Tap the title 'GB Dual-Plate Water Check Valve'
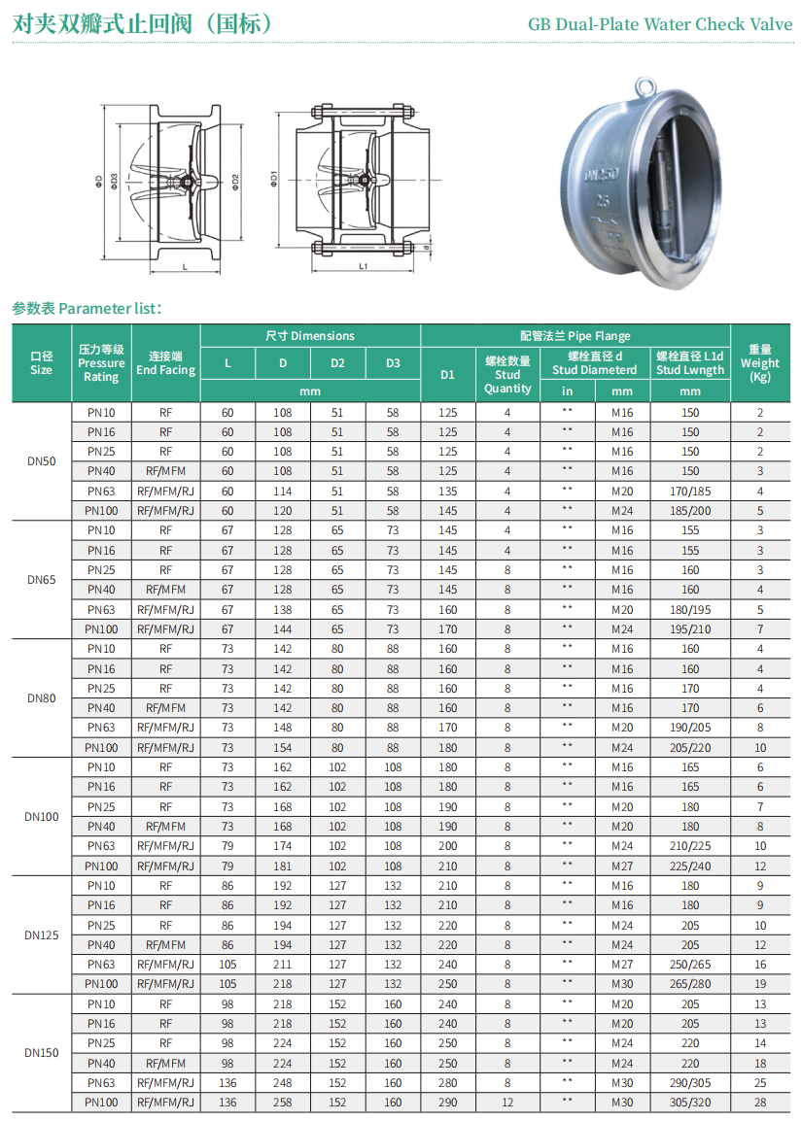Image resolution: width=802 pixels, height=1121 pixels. (660, 24)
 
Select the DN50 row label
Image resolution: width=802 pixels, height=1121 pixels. (42, 461)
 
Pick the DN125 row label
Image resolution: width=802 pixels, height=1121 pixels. (42, 935)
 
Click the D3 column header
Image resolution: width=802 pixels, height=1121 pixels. (393, 363)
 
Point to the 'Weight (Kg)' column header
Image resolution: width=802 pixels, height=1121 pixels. (760, 362)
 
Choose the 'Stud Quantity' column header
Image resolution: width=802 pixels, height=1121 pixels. (508, 375)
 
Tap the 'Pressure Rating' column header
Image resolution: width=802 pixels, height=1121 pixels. (101, 362)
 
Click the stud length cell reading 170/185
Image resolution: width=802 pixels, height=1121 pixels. (690, 492)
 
